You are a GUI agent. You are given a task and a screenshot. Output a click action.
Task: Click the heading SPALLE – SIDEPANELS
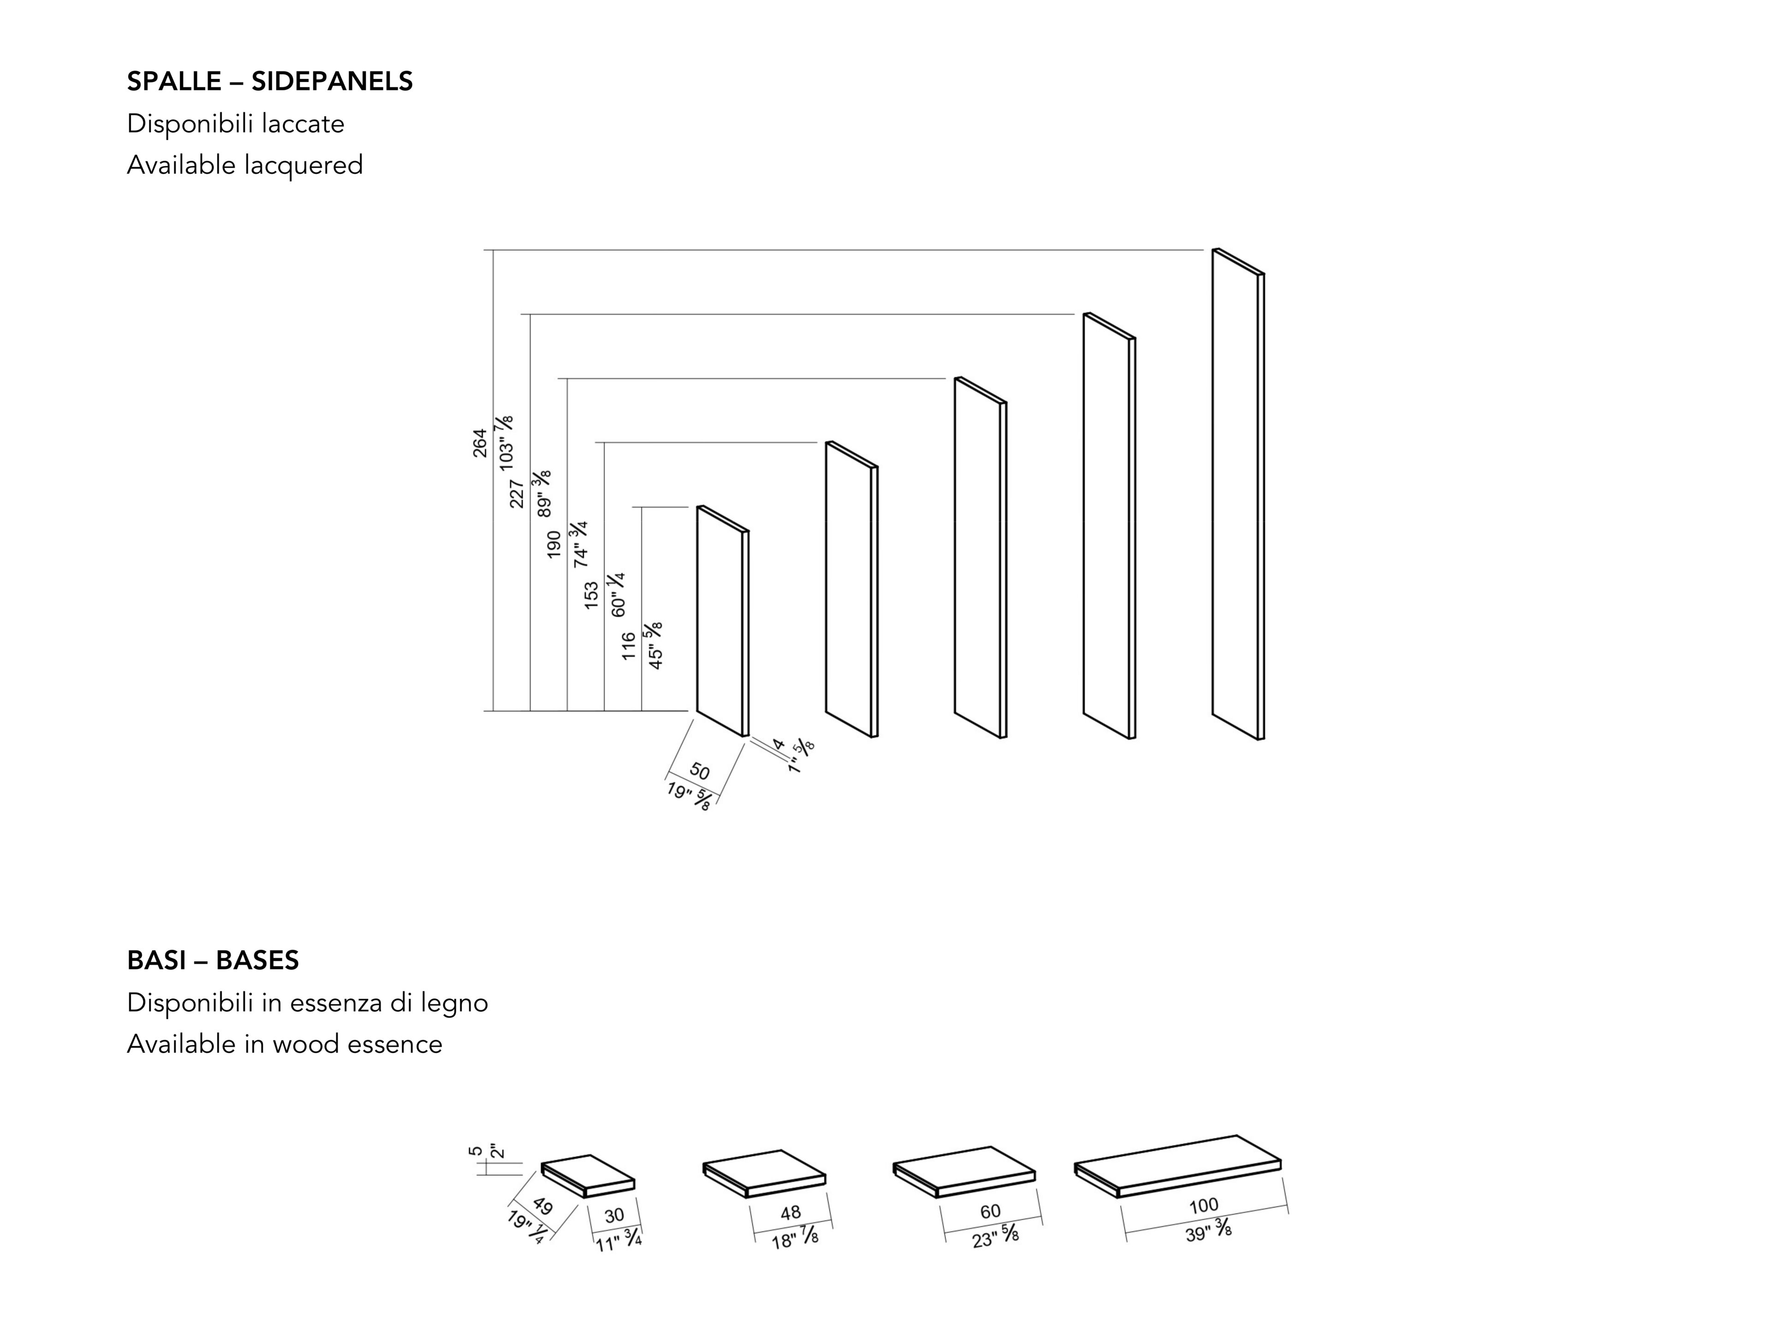(x=270, y=81)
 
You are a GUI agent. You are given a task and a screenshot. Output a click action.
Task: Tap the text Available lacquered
(x=245, y=165)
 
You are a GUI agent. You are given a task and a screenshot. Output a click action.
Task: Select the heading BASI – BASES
(x=213, y=960)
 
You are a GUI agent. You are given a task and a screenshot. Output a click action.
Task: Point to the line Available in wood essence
(x=284, y=1044)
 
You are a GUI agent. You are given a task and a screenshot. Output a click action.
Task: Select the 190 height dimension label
(x=553, y=544)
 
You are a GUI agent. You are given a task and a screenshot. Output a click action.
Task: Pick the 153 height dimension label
(x=591, y=596)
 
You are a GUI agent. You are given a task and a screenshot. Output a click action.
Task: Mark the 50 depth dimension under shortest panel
(x=699, y=771)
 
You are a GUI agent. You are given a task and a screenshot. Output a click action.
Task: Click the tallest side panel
(x=1238, y=494)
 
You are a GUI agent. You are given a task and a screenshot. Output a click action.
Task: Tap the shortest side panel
(x=722, y=621)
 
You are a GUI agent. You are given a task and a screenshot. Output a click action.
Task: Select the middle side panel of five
(x=980, y=557)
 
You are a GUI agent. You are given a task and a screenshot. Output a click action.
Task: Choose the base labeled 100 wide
(x=1177, y=1166)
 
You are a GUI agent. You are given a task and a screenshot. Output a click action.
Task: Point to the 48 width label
(x=790, y=1213)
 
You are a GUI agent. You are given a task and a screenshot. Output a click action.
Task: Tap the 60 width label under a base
(x=990, y=1211)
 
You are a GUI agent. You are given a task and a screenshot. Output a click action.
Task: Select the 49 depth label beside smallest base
(x=542, y=1205)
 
